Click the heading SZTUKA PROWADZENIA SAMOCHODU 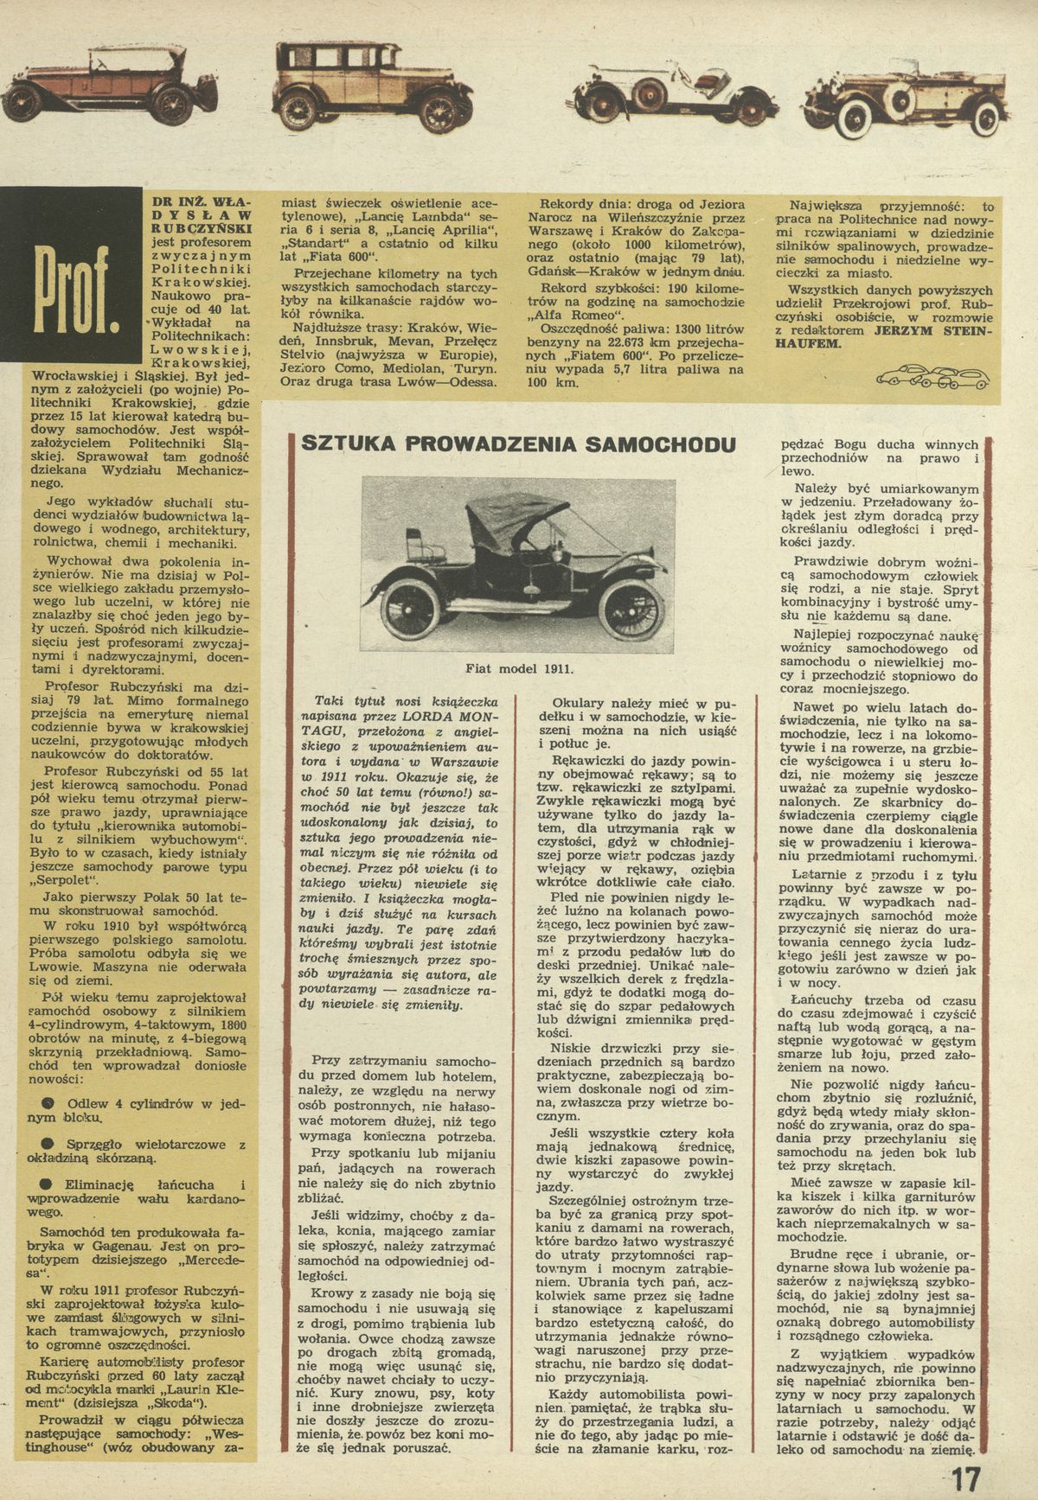(518, 444)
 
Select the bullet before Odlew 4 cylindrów (48, 1103)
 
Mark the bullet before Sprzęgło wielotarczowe (48, 1145)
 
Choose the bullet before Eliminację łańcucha (48, 1184)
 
